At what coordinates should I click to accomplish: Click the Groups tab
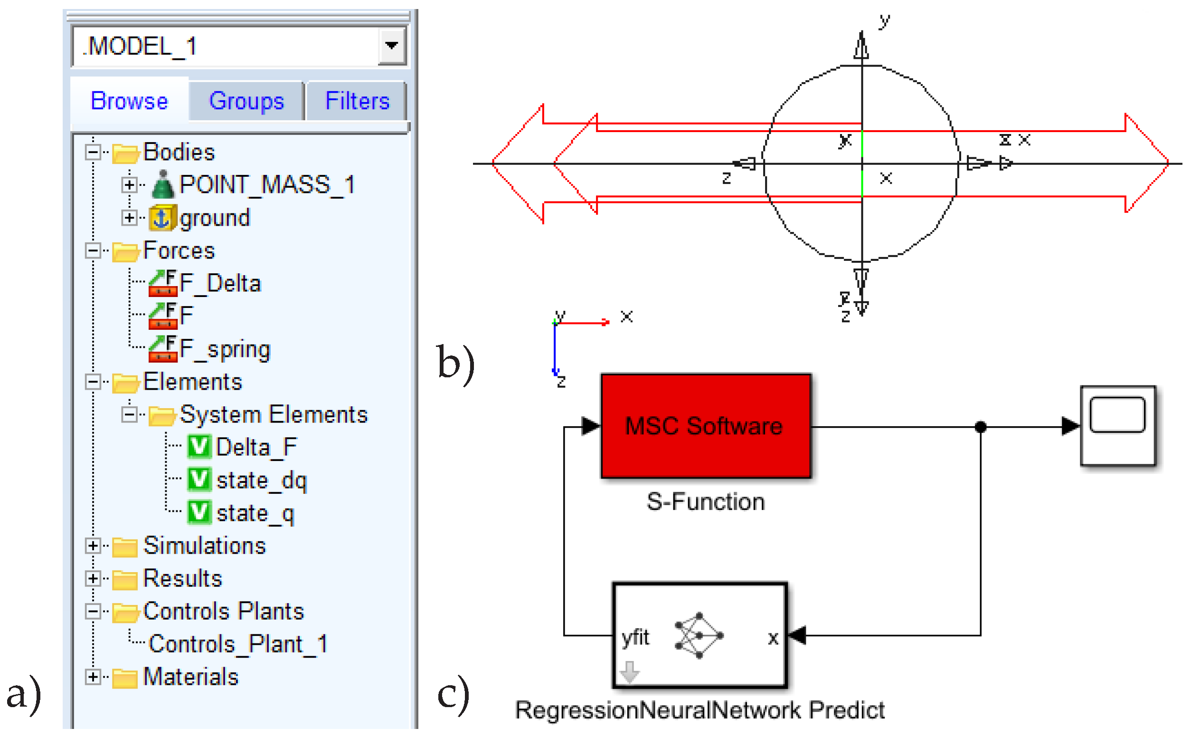click(x=246, y=101)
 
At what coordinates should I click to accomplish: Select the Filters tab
click(x=357, y=101)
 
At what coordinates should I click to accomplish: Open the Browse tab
click(x=129, y=101)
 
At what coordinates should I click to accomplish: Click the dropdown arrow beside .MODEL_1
click(x=391, y=46)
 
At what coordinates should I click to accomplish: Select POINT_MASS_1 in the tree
click(x=267, y=184)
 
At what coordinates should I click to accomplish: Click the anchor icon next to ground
click(x=161, y=218)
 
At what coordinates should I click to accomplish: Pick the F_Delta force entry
click(x=220, y=284)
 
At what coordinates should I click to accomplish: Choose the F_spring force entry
click(x=224, y=349)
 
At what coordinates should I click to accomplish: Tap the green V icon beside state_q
click(x=199, y=513)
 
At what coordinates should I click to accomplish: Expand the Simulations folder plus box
click(x=93, y=546)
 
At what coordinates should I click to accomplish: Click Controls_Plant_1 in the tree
click(x=238, y=644)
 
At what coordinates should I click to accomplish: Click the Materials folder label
click(x=191, y=677)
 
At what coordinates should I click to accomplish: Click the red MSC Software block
click(x=705, y=426)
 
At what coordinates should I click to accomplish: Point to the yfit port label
click(x=635, y=637)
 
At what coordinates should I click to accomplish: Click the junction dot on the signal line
click(x=980, y=427)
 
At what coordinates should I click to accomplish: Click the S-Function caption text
click(x=705, y=502)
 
